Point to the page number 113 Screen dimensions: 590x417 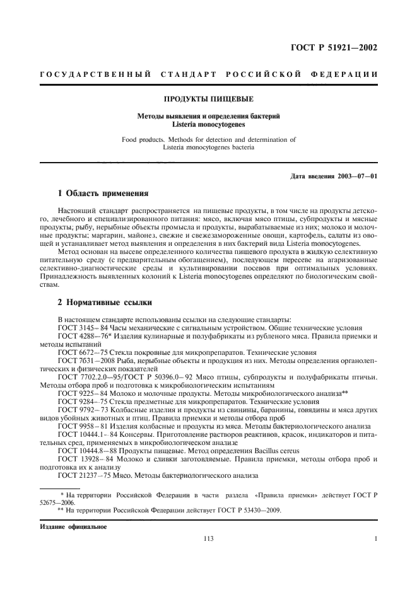point(208,539)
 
